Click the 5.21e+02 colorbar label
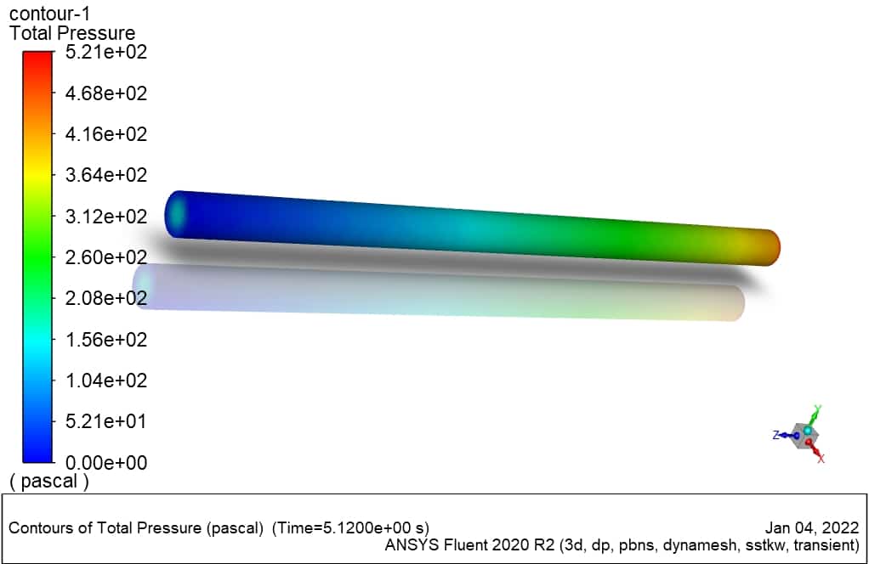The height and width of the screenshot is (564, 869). point(105,52)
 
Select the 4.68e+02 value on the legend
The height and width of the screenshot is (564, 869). point(105,93)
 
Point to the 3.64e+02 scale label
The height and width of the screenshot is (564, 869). point(105,175)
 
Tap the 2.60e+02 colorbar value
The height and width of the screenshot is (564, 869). point(105,257)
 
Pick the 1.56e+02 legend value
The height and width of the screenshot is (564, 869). point(105,339)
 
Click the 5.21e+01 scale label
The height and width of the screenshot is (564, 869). point(105,421)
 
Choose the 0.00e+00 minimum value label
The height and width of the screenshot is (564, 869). point(105,462)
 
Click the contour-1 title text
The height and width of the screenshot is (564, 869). point(49,13)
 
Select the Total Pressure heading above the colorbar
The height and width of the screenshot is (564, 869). point(72,32)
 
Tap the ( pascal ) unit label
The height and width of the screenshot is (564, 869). point(49,481)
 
